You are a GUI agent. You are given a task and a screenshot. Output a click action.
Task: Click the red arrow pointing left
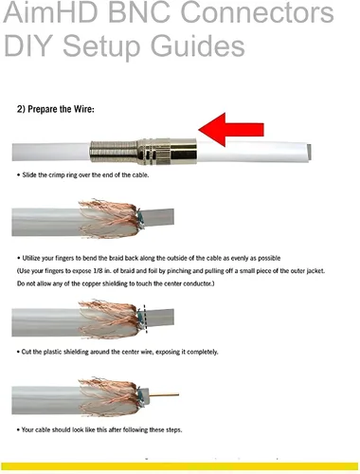[x=231, y=130]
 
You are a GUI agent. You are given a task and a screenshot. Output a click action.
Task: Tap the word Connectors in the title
[x=257, y=12]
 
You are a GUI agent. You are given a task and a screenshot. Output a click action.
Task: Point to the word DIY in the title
[x=27, y=46]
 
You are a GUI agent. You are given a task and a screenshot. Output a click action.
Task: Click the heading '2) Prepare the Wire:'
[x=56, y=109]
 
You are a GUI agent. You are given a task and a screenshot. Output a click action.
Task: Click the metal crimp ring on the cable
[x=143, y=151]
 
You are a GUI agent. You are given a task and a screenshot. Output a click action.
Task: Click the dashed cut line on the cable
[x=145, y=319]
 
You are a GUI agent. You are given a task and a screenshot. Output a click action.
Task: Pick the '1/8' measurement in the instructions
[x=97, y=271]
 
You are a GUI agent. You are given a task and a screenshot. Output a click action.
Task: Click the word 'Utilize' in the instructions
[x=31, y=258]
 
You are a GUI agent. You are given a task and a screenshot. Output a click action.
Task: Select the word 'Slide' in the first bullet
[x=29, y=175]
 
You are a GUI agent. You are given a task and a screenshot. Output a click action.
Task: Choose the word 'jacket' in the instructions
[x=315, y=271]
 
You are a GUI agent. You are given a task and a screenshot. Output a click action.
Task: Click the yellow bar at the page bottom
[x=180, y=466]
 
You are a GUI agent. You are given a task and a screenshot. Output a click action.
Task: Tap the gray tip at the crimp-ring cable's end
[x=309, y=152]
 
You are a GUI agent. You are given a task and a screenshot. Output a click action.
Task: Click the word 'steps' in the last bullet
[x=174, y=430]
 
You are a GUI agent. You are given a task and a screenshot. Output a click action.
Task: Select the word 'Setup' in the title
[x=101, y=46]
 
